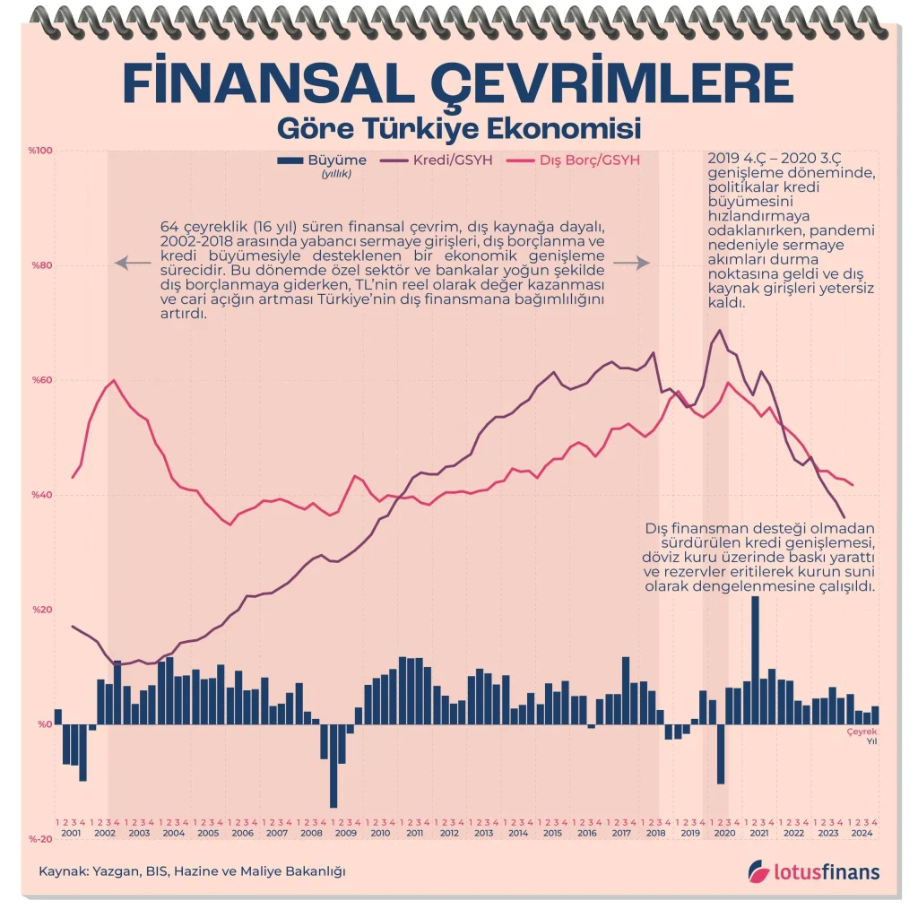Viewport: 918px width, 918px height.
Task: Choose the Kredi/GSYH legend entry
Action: coord(452,161)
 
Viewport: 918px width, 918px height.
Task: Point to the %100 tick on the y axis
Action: coord(41,151)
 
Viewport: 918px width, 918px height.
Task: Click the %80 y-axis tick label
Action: coord(43,265)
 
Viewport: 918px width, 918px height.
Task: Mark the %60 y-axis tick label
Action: coord(43,380)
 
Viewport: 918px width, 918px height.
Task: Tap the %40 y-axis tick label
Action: coord(43,495)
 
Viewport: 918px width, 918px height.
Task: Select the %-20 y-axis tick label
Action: coord(41,839)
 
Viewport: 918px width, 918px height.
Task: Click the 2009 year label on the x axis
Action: coord(346,833)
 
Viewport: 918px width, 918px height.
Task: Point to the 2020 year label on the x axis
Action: coord(724,833)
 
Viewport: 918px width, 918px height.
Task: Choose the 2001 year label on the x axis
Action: coord(71,833)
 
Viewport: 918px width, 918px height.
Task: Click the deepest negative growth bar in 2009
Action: coord(333,766)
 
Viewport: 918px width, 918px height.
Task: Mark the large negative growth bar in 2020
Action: coord(720,754)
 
